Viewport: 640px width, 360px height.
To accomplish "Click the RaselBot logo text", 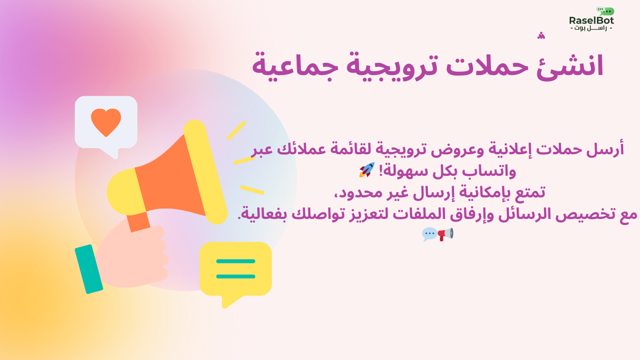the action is (591, 21).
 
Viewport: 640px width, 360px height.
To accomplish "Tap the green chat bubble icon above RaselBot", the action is (605, 11).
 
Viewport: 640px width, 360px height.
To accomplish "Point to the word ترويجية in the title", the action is (392, 67).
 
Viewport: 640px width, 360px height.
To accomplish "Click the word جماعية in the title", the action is (295, 67).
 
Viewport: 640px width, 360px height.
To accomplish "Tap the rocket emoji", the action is (367, 170).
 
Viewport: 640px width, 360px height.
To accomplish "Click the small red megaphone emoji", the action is (446, 234).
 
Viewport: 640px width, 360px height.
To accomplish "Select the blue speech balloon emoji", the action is (430, 234).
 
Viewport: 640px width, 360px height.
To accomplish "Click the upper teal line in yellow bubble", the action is (236, 261).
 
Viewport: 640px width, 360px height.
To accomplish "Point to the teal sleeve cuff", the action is (89, 269).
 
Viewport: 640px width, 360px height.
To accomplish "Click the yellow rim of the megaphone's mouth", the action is (205, 172).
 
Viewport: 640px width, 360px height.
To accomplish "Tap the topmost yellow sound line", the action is (236, 130).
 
